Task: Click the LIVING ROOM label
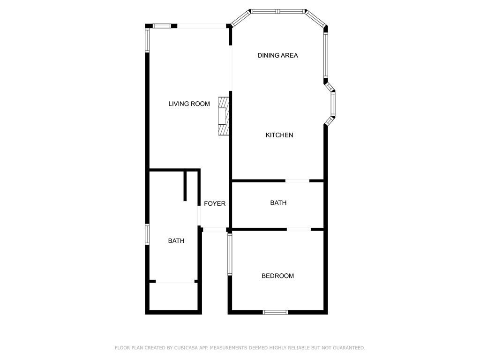click(x=189, y=104)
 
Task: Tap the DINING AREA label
click(x=277, y=55)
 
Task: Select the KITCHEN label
click(x=279, y=135)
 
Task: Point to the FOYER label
click(x=215, y=203)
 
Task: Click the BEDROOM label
click(x=277, y=276)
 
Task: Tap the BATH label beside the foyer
click(x=176, y=240)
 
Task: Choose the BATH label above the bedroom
click(x=278, y=203)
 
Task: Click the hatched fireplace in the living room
click(x=224, y=116)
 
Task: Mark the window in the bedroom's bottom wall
click(x=275, y=312)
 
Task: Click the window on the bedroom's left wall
click(x=230, y=254)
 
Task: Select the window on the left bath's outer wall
click(x=147, y=234)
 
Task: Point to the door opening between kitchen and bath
click(x=297, y=180)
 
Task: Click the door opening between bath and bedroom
click(x=299, y=229)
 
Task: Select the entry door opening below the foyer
click(x=215, y=230)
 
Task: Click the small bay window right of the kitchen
click(x=333, y=104)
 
